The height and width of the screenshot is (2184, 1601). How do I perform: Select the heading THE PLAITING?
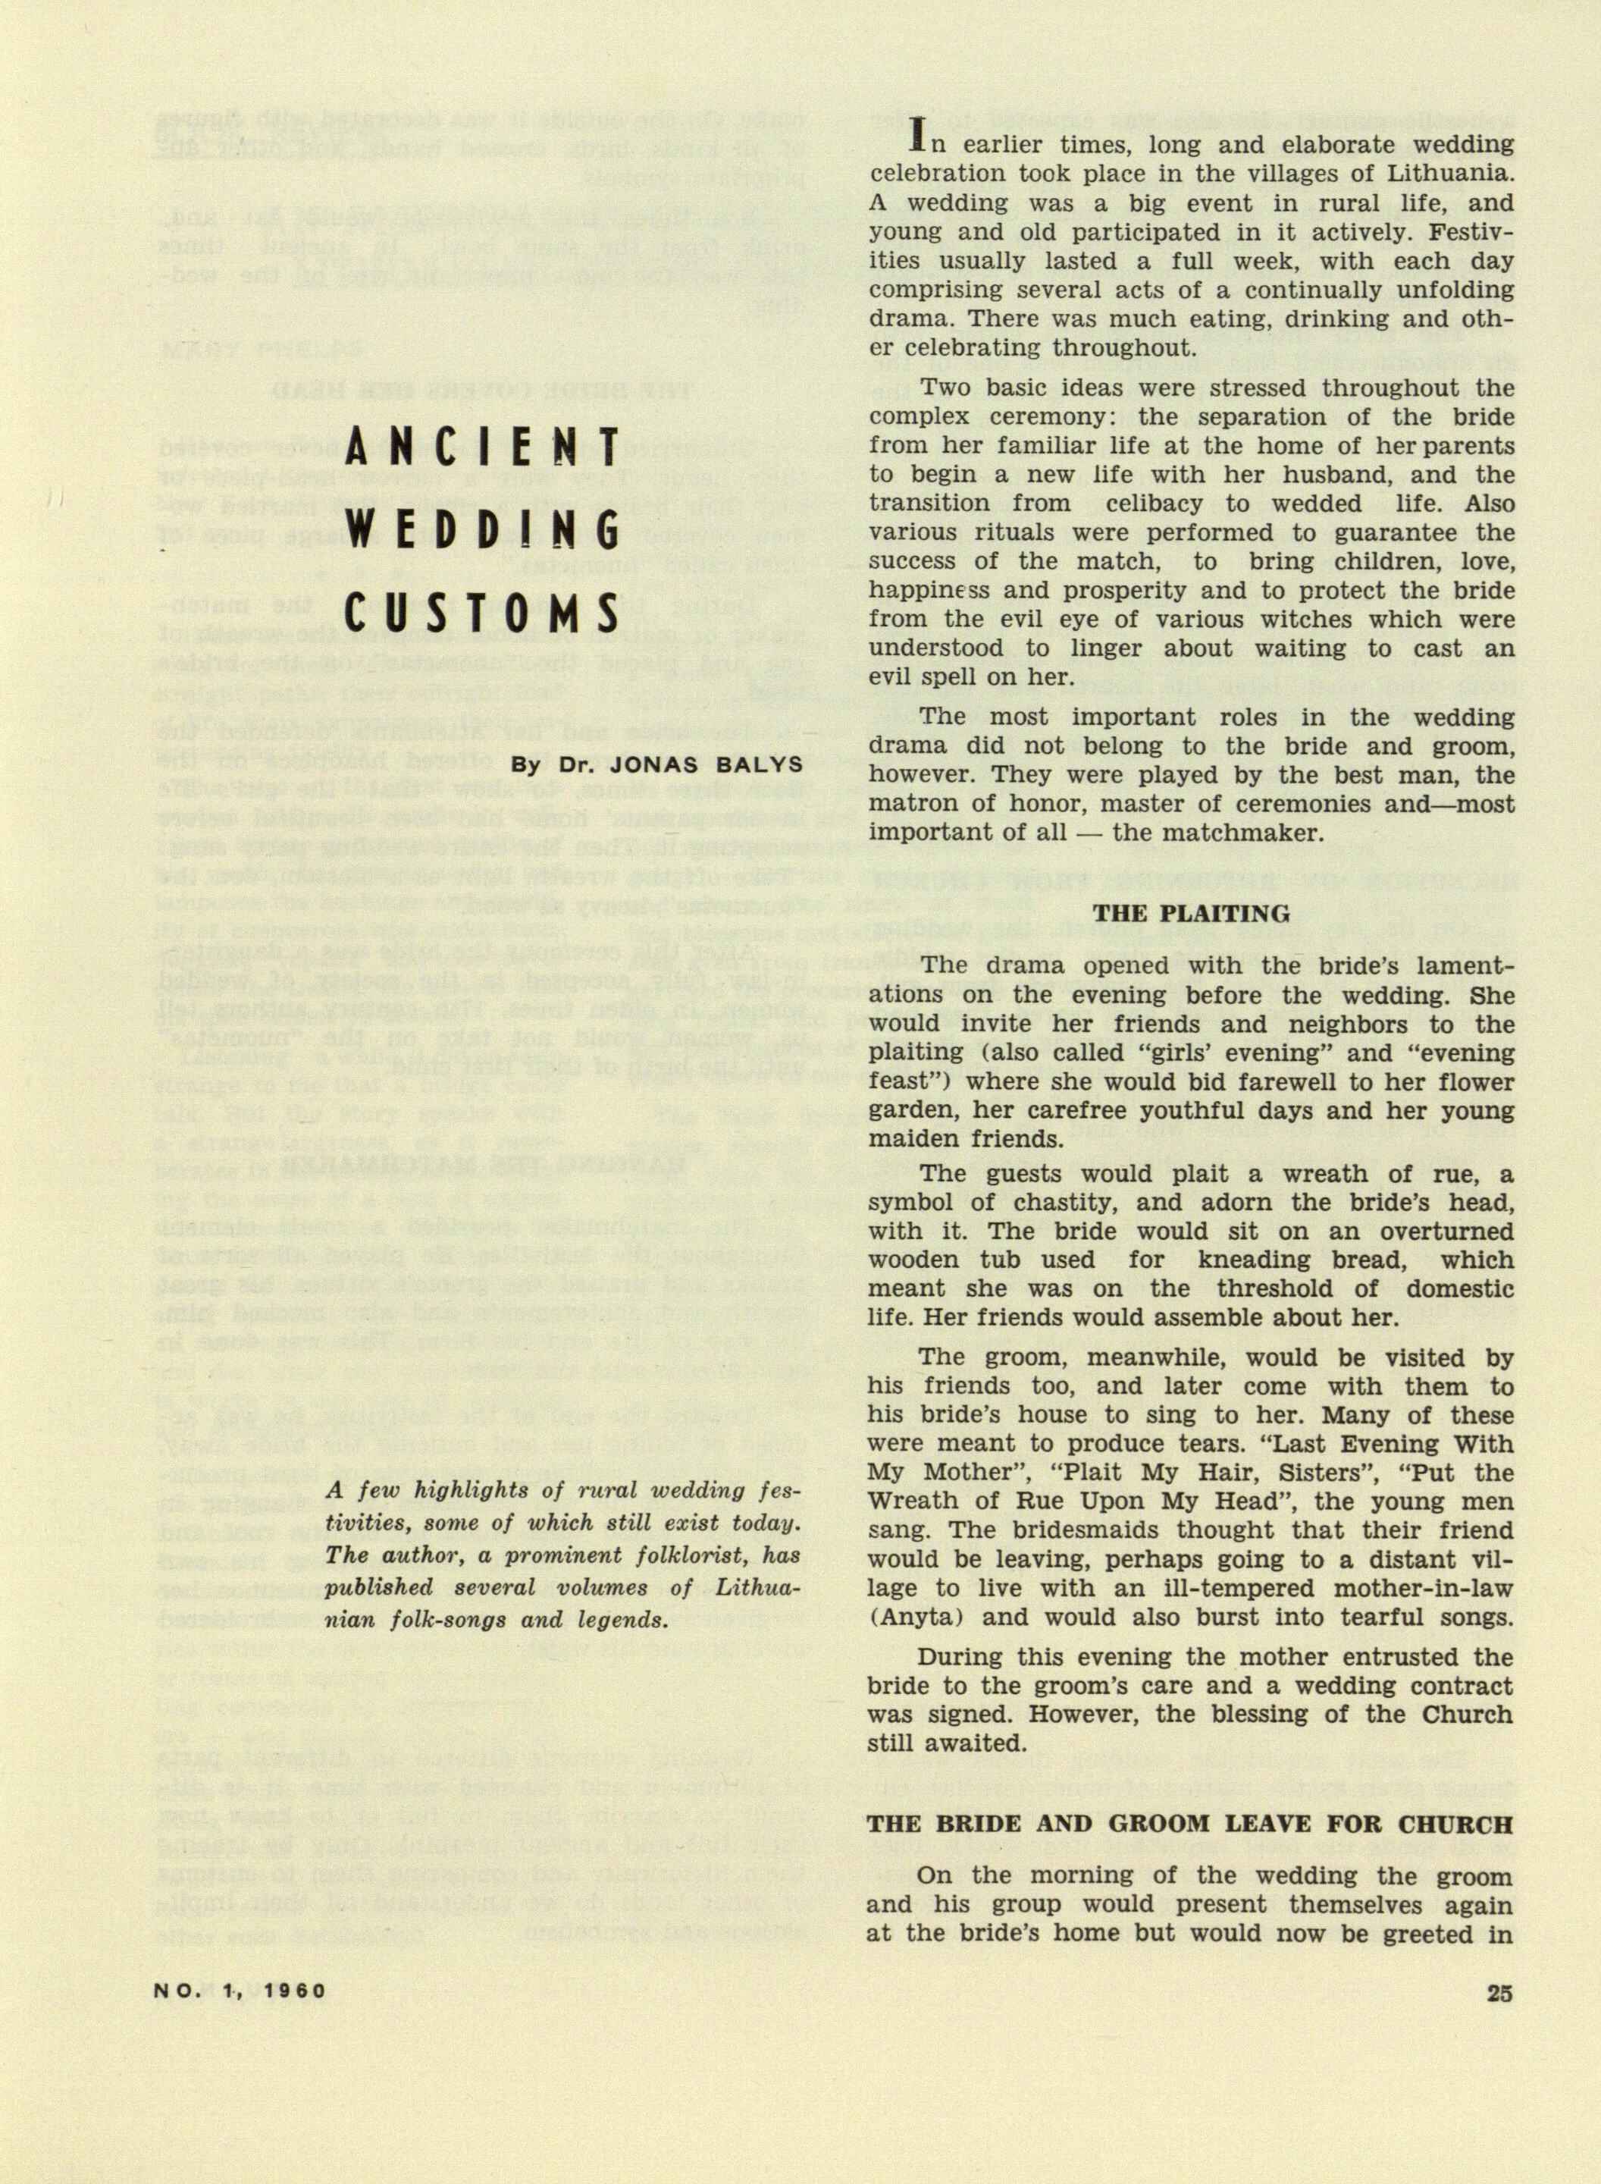click(1191, 913)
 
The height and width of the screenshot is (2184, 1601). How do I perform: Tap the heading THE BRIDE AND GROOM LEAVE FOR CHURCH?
click(1190, 1823)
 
